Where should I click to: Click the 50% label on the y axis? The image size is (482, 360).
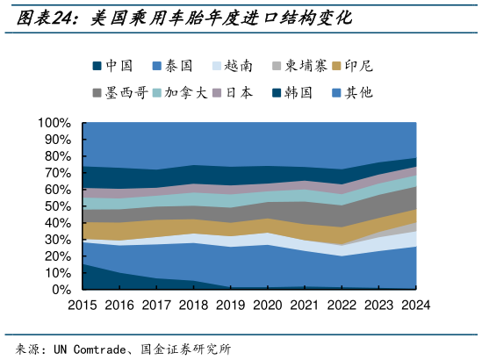(58, 206)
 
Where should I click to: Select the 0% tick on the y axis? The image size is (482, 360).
(61, 289)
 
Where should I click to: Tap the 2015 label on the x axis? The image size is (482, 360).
(83, 305)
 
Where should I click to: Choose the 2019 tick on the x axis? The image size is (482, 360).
(231, 305)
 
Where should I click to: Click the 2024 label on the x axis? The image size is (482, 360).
(415, 305)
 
